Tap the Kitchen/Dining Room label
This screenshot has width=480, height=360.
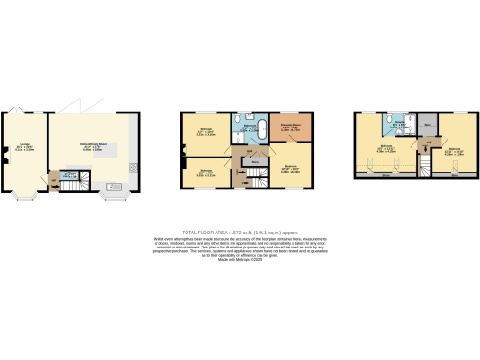tap(92, 147)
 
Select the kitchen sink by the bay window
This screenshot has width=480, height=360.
tap(114, 187)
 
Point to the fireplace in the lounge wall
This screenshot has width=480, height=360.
tap(8, 156)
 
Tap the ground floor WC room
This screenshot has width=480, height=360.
tap(67, 175)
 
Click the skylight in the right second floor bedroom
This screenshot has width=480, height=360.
tap(454, 172)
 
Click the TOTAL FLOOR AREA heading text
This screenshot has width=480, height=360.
tap(239, 231)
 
